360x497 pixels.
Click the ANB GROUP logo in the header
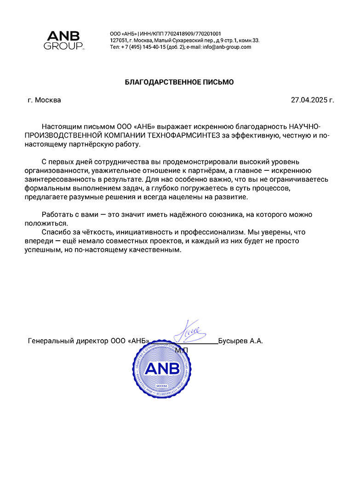point(63,40)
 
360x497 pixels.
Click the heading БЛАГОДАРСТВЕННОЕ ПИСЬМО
point(180,82)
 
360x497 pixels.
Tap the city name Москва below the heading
point(48,100)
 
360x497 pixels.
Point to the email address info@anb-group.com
point(227,47)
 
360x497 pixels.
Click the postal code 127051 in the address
point(118,40)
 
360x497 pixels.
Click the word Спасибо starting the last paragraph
point(57,232)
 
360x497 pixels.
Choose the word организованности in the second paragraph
point(54,171)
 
